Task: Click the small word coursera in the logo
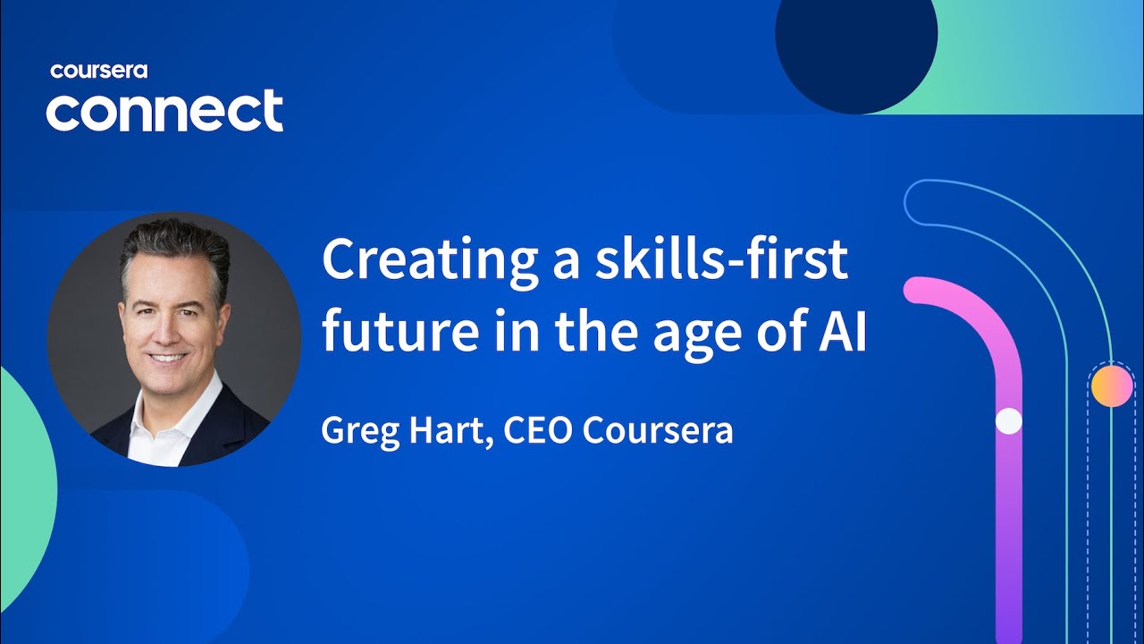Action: point(98,71)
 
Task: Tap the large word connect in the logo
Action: point(164,112)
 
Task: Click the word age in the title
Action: point(682,335)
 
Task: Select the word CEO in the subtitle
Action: point(538,430)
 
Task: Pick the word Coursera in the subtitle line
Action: point(658,430)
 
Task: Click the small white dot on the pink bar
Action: point(1008,421)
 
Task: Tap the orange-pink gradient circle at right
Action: point(1111,386)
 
